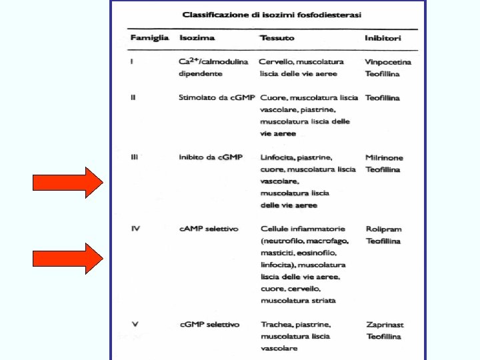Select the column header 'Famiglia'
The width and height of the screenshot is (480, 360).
tap(149, 38)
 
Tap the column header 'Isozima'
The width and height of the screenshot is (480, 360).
tap(197, 38)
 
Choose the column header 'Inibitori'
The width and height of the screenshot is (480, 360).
tap(383, 38)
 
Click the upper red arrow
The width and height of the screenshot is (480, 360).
tap(69, 183)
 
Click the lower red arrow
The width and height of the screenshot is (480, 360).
tap(69, 259)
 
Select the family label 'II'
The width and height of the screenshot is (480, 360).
tap(134, 97)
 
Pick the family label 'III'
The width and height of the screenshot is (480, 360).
tap(135, 157)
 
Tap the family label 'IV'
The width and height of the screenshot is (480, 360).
tap(135, 229)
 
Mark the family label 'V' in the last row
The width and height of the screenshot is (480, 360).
tap(135, 325)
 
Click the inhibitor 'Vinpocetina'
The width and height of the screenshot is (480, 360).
tap(388, 62)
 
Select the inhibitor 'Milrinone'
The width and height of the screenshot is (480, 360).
tap(384, 158)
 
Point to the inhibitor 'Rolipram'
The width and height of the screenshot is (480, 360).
tap(383, 229)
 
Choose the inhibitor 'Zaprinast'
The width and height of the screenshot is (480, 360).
tap(385, 325)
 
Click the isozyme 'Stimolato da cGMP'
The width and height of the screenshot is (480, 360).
tap(217, 97)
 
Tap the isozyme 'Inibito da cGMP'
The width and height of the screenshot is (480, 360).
tap(211, 157)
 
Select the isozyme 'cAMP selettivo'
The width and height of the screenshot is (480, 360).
tap(209, 229)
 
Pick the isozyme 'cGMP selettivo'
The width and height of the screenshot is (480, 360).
tap(209, 325)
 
